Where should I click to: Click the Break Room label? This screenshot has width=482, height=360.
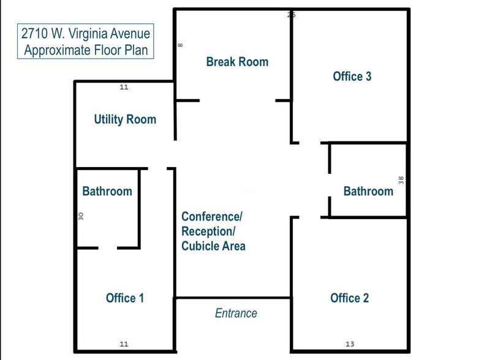tap(237, 62)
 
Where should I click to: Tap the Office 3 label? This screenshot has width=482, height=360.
tap(352, 77)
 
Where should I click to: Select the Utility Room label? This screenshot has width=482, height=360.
tap(125, 119)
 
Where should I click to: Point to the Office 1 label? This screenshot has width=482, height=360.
tap(125, 298)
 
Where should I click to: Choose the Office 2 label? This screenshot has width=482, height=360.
tap(349, 298)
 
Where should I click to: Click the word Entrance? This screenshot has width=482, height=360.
tap(236, 313)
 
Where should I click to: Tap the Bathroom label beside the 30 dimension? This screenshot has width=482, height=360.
tap(107, 191)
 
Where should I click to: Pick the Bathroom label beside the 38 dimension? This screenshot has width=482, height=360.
tap(368, 192)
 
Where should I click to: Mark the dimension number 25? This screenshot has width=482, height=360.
tap(292, 15)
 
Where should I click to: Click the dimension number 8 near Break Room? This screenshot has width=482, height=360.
tap(181, 45)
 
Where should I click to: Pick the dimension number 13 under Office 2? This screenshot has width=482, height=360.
tap(350, 344)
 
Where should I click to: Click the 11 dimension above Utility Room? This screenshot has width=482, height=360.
tap(124, 88)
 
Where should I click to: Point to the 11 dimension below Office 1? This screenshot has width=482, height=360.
tap(124, 344)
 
